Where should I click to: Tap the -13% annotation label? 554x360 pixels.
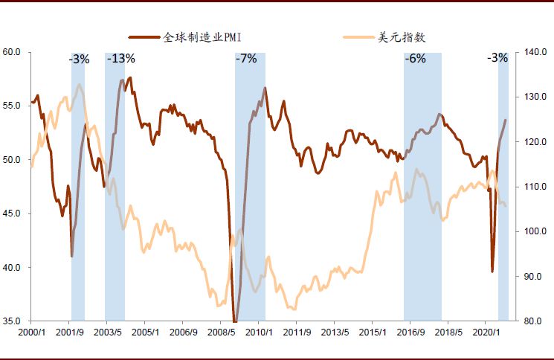(x=120, y=59)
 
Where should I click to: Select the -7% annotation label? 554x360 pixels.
(x=246, y=59)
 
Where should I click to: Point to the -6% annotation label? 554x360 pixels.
(x=415, y=59)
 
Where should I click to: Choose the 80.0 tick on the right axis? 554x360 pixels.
(x=532, y=321)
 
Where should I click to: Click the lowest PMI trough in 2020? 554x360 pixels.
(x=492, y=271)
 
